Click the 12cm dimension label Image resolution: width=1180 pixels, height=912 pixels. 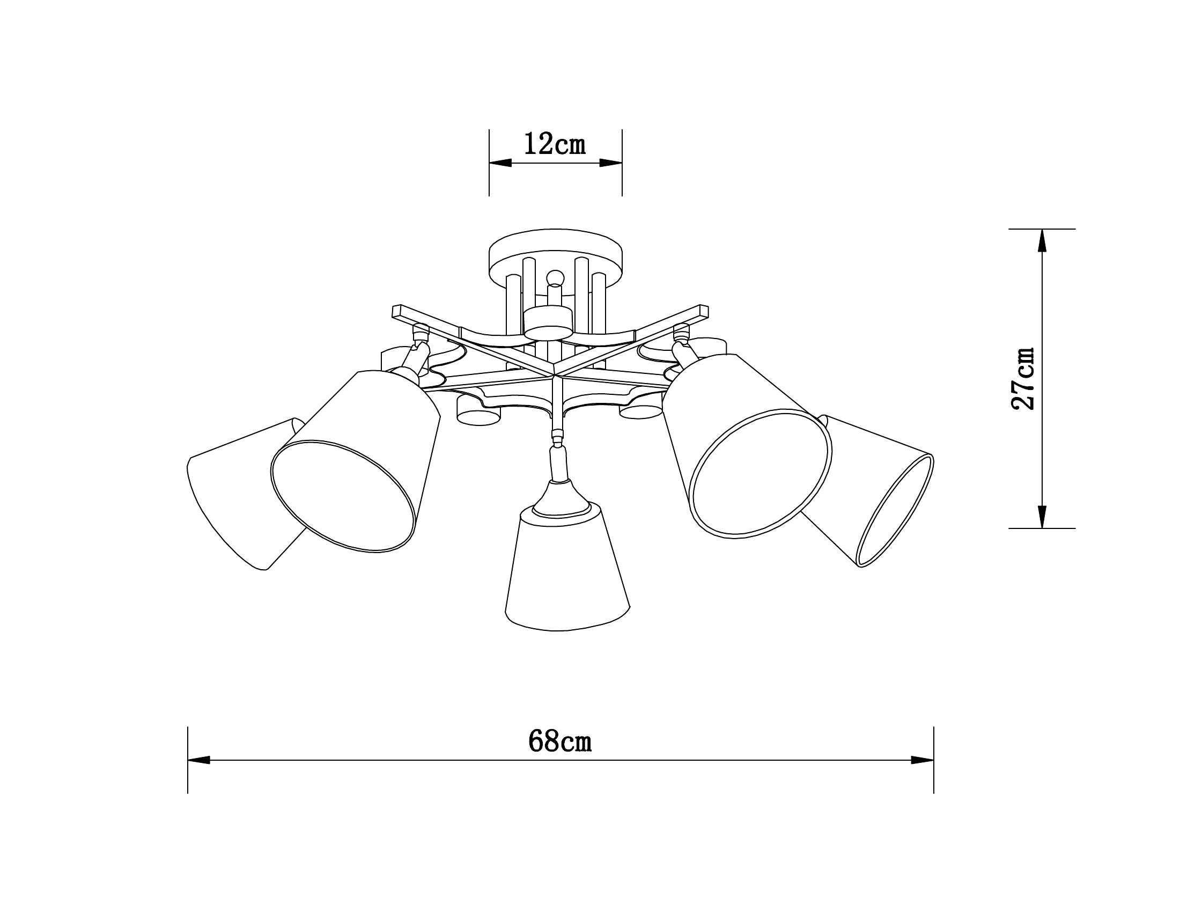555,145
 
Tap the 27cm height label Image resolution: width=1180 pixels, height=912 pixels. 1023,378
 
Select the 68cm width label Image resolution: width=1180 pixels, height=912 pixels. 560,741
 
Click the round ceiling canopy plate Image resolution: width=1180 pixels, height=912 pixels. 556,253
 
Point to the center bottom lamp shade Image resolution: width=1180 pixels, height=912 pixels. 567,573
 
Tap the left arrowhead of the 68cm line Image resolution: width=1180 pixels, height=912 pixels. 199,760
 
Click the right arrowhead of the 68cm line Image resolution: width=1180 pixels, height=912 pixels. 923,760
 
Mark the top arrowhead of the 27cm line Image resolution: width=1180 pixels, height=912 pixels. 1042,241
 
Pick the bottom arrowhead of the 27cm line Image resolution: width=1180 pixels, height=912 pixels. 1042,516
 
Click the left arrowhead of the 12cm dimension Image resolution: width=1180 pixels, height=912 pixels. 500,163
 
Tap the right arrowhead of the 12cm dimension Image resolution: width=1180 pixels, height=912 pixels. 610,163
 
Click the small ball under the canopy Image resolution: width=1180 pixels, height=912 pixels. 555,278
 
